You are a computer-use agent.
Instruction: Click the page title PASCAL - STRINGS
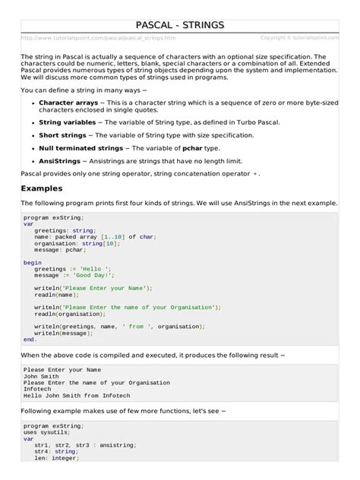(179, 25)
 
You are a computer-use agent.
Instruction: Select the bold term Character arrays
(66, 101)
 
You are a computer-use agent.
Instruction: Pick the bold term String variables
(66, 121)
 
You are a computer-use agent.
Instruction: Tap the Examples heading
(42, 188)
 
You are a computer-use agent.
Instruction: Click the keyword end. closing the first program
(29, 339)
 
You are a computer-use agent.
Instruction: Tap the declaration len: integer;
(62, 457)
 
